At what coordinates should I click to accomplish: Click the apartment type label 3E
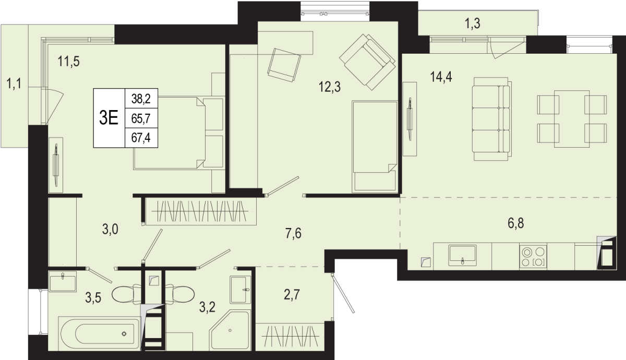click(109, 118)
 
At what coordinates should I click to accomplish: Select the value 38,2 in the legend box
click(141, 99)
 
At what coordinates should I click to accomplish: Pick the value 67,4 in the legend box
click(141, 138)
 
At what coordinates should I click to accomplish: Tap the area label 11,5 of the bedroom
click(68, 62)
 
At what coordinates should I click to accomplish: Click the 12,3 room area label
click(330, 87)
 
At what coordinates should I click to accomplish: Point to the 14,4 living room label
click(441, 77)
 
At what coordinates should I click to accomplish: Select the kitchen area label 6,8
click(515, 224)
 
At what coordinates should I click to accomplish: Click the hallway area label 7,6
click(293, 233)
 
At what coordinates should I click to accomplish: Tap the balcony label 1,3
click(473, 23)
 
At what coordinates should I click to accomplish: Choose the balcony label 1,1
click(14, 83)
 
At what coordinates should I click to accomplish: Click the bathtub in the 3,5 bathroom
click(99, 333)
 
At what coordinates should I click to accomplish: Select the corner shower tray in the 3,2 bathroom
click(230, 329)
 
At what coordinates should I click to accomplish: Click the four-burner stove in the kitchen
click(533, 257)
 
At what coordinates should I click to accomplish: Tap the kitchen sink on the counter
click(462, 256)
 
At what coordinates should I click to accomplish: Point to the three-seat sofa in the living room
click(492, 119)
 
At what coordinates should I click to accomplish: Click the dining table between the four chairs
click(572, 119)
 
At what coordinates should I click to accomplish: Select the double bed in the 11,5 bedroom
click(179, 133)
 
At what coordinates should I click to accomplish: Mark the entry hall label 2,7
click(292, 295)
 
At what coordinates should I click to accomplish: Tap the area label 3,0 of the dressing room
click(110, 230)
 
